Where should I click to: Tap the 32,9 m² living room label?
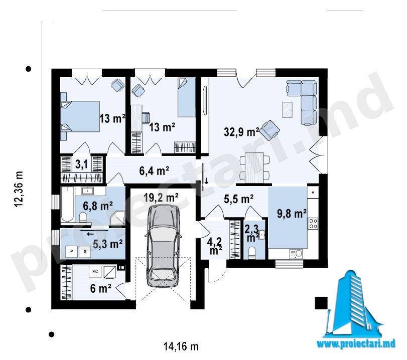click(241, 132)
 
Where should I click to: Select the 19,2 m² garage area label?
click(161, 198)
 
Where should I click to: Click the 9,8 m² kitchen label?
click(292, 214)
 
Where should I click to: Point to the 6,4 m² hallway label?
click(154, 171)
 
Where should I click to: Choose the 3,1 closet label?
click(81, 164)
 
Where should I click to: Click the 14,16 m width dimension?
click(181, 346)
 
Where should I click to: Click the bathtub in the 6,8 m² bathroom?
click(67, 204)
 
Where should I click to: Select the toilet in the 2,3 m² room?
click(252, 253)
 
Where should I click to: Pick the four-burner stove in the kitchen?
click(313, 223)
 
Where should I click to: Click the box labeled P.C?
click(95, 272)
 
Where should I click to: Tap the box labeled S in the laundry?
click(85, 252)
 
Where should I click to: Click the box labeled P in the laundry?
click(72, 252)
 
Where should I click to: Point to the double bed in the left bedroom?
click(80, 116)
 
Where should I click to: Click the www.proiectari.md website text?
click(356, 343)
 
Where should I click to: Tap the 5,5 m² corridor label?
click(239, 199)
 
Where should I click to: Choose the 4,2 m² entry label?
click(215, 246)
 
